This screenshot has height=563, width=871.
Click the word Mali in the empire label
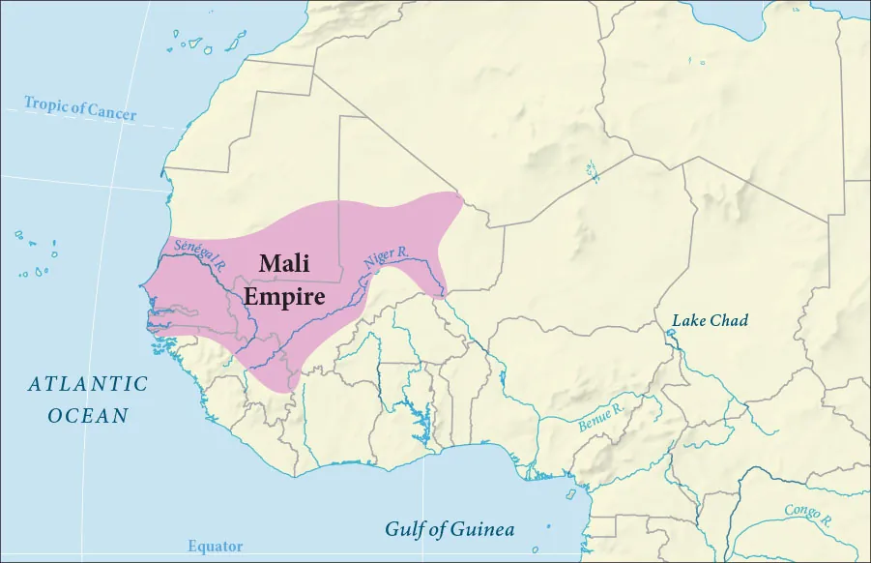tap(283, 264)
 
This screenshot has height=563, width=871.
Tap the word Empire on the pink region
tap(283, 295)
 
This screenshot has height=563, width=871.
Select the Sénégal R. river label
tap(195, 253)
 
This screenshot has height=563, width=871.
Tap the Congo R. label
tap(808, 512)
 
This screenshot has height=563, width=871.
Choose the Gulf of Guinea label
tap(450, 529)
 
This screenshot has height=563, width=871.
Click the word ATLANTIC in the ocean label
tap(88, 384)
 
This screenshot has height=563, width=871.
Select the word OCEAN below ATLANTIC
tap(88, 416)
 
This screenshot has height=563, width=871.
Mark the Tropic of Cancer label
tap(80, 107)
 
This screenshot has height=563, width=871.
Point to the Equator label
tap(215, 547)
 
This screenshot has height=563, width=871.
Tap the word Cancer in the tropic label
tap(112, 111)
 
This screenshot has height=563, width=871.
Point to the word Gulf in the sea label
tap(405, 529)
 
